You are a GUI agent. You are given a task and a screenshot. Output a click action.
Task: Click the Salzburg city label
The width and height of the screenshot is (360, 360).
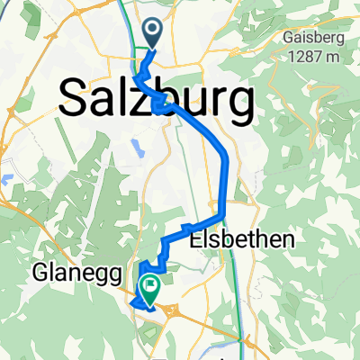(x=156, y=99)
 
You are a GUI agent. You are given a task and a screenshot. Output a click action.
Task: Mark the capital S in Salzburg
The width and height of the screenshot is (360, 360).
(x=74, y=99)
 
